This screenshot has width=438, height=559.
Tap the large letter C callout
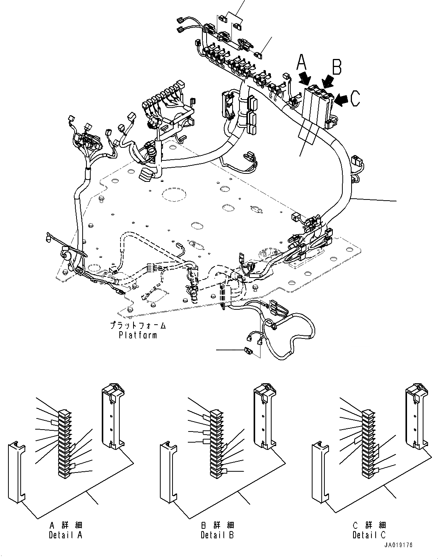(355, 98)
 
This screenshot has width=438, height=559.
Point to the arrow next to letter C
(341, 99)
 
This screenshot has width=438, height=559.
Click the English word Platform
(138, 335)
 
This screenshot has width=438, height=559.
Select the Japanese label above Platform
(138, 326)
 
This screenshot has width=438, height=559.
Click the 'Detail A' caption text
(65, 535)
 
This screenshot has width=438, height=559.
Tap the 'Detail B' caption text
(217, 535)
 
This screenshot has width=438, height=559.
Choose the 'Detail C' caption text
(369, 535)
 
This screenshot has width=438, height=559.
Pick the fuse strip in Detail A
(64, 444)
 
